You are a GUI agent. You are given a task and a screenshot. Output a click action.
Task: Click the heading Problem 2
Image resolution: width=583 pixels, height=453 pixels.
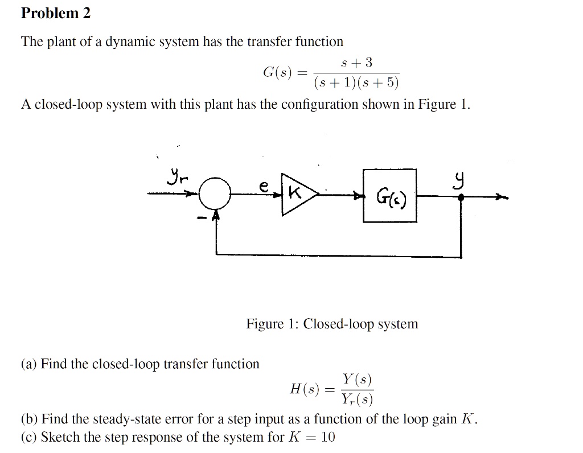55,14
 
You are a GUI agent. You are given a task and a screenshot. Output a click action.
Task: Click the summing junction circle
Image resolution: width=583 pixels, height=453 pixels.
214,195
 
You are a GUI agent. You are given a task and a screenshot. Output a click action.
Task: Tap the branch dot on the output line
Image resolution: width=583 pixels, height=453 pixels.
461,197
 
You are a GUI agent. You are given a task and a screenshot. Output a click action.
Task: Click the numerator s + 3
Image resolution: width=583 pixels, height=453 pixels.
357,62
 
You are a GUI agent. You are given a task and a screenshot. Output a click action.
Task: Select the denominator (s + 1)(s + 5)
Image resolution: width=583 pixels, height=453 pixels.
357,83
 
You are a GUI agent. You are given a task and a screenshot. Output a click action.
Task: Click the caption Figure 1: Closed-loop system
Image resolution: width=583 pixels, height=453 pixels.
332,324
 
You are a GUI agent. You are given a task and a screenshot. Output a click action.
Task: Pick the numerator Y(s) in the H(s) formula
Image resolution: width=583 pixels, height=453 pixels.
357,379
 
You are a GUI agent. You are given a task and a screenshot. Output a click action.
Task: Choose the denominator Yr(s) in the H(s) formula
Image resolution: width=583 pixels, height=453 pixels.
357,400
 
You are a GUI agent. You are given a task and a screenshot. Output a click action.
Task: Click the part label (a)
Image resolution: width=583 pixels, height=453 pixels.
30,364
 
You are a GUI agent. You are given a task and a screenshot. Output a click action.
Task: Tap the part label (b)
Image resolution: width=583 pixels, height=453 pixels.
30,420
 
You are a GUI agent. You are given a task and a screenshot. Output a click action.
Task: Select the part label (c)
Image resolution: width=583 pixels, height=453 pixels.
30,438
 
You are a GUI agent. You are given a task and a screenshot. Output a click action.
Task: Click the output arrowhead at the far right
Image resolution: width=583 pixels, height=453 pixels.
503,197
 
